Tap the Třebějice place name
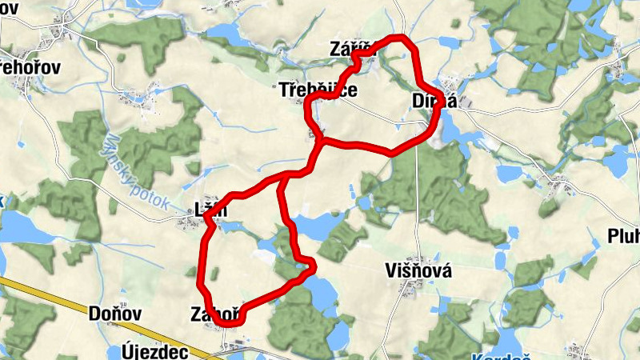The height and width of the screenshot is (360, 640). [x=318, y=90]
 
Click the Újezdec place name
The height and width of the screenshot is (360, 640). [x=155, y=351]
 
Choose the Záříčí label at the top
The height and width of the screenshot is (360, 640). [x=352, y=49]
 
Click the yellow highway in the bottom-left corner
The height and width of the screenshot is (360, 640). [x=48, y=300]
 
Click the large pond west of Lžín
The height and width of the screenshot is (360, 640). [x=24, y=227]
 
